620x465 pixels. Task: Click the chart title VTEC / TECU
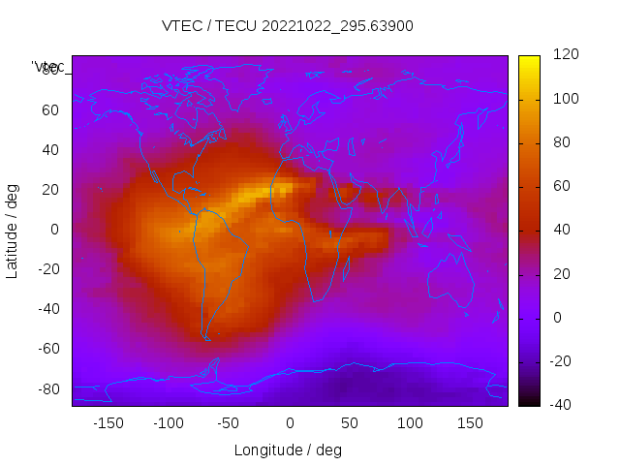288,26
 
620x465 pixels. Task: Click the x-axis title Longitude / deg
288,449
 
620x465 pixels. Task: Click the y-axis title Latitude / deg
13,230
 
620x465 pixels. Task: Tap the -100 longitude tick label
168,423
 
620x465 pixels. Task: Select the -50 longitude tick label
229,423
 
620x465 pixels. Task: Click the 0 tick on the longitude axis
290,423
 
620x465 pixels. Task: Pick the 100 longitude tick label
410,423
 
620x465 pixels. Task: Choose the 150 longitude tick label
470,423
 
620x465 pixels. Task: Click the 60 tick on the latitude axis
50,109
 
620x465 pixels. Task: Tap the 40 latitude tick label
50,149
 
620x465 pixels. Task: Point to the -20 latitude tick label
47,269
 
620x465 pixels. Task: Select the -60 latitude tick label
47,349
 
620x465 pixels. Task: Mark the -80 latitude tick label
47,388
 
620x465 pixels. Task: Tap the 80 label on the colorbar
560,142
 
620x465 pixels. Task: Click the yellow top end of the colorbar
529,61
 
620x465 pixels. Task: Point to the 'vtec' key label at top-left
48,67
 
